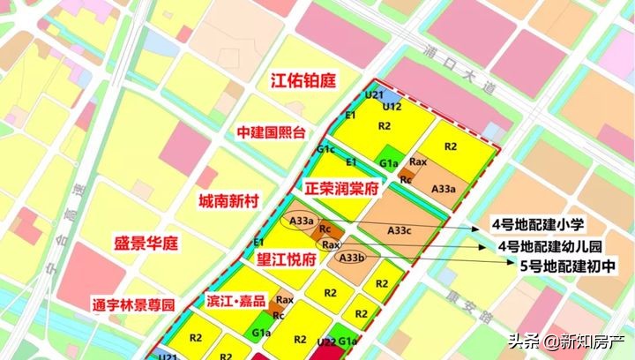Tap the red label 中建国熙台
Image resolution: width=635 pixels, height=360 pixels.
point(271,133)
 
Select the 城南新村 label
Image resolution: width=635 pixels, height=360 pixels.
point(228,201)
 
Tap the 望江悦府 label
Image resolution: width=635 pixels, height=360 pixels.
point(286,260)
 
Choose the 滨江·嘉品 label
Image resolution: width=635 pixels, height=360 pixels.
point(235,301)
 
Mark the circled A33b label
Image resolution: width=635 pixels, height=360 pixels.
point(352,258)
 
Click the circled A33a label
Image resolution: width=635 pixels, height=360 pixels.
point(302,221)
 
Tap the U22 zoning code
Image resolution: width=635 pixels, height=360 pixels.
point(325,342)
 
